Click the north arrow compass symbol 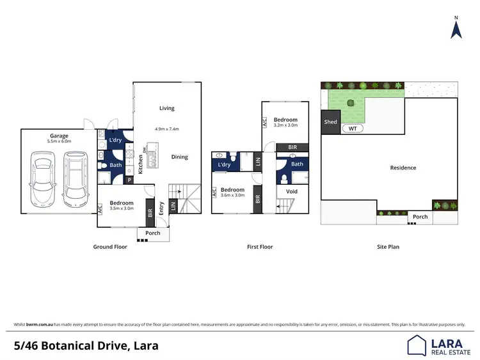pyautogui.click(x=456, y=28)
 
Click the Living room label pyautogui.click(x=167, y=108)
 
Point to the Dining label pyautogui.click(x=180, y=157)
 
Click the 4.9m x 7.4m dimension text pyautogui.click(x=167, y=129)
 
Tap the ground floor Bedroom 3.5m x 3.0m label pyautogui.click(x=120, y=205)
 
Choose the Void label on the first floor pyautogui.click(x=291, y=191)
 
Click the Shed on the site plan pyautogui.click(x=330, y=121)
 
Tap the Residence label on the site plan pyautogui.click(x=403, y=168)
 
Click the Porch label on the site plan pyautogui.click(x=420, y=217)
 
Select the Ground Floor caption pyautogui.click(x=111, y=246)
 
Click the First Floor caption pyautogui.click(x=260, y=246)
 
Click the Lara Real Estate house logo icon pyautogui.click(x=417, y=345)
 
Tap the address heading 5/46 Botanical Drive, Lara pyautogui.click(x=86, y=346)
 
